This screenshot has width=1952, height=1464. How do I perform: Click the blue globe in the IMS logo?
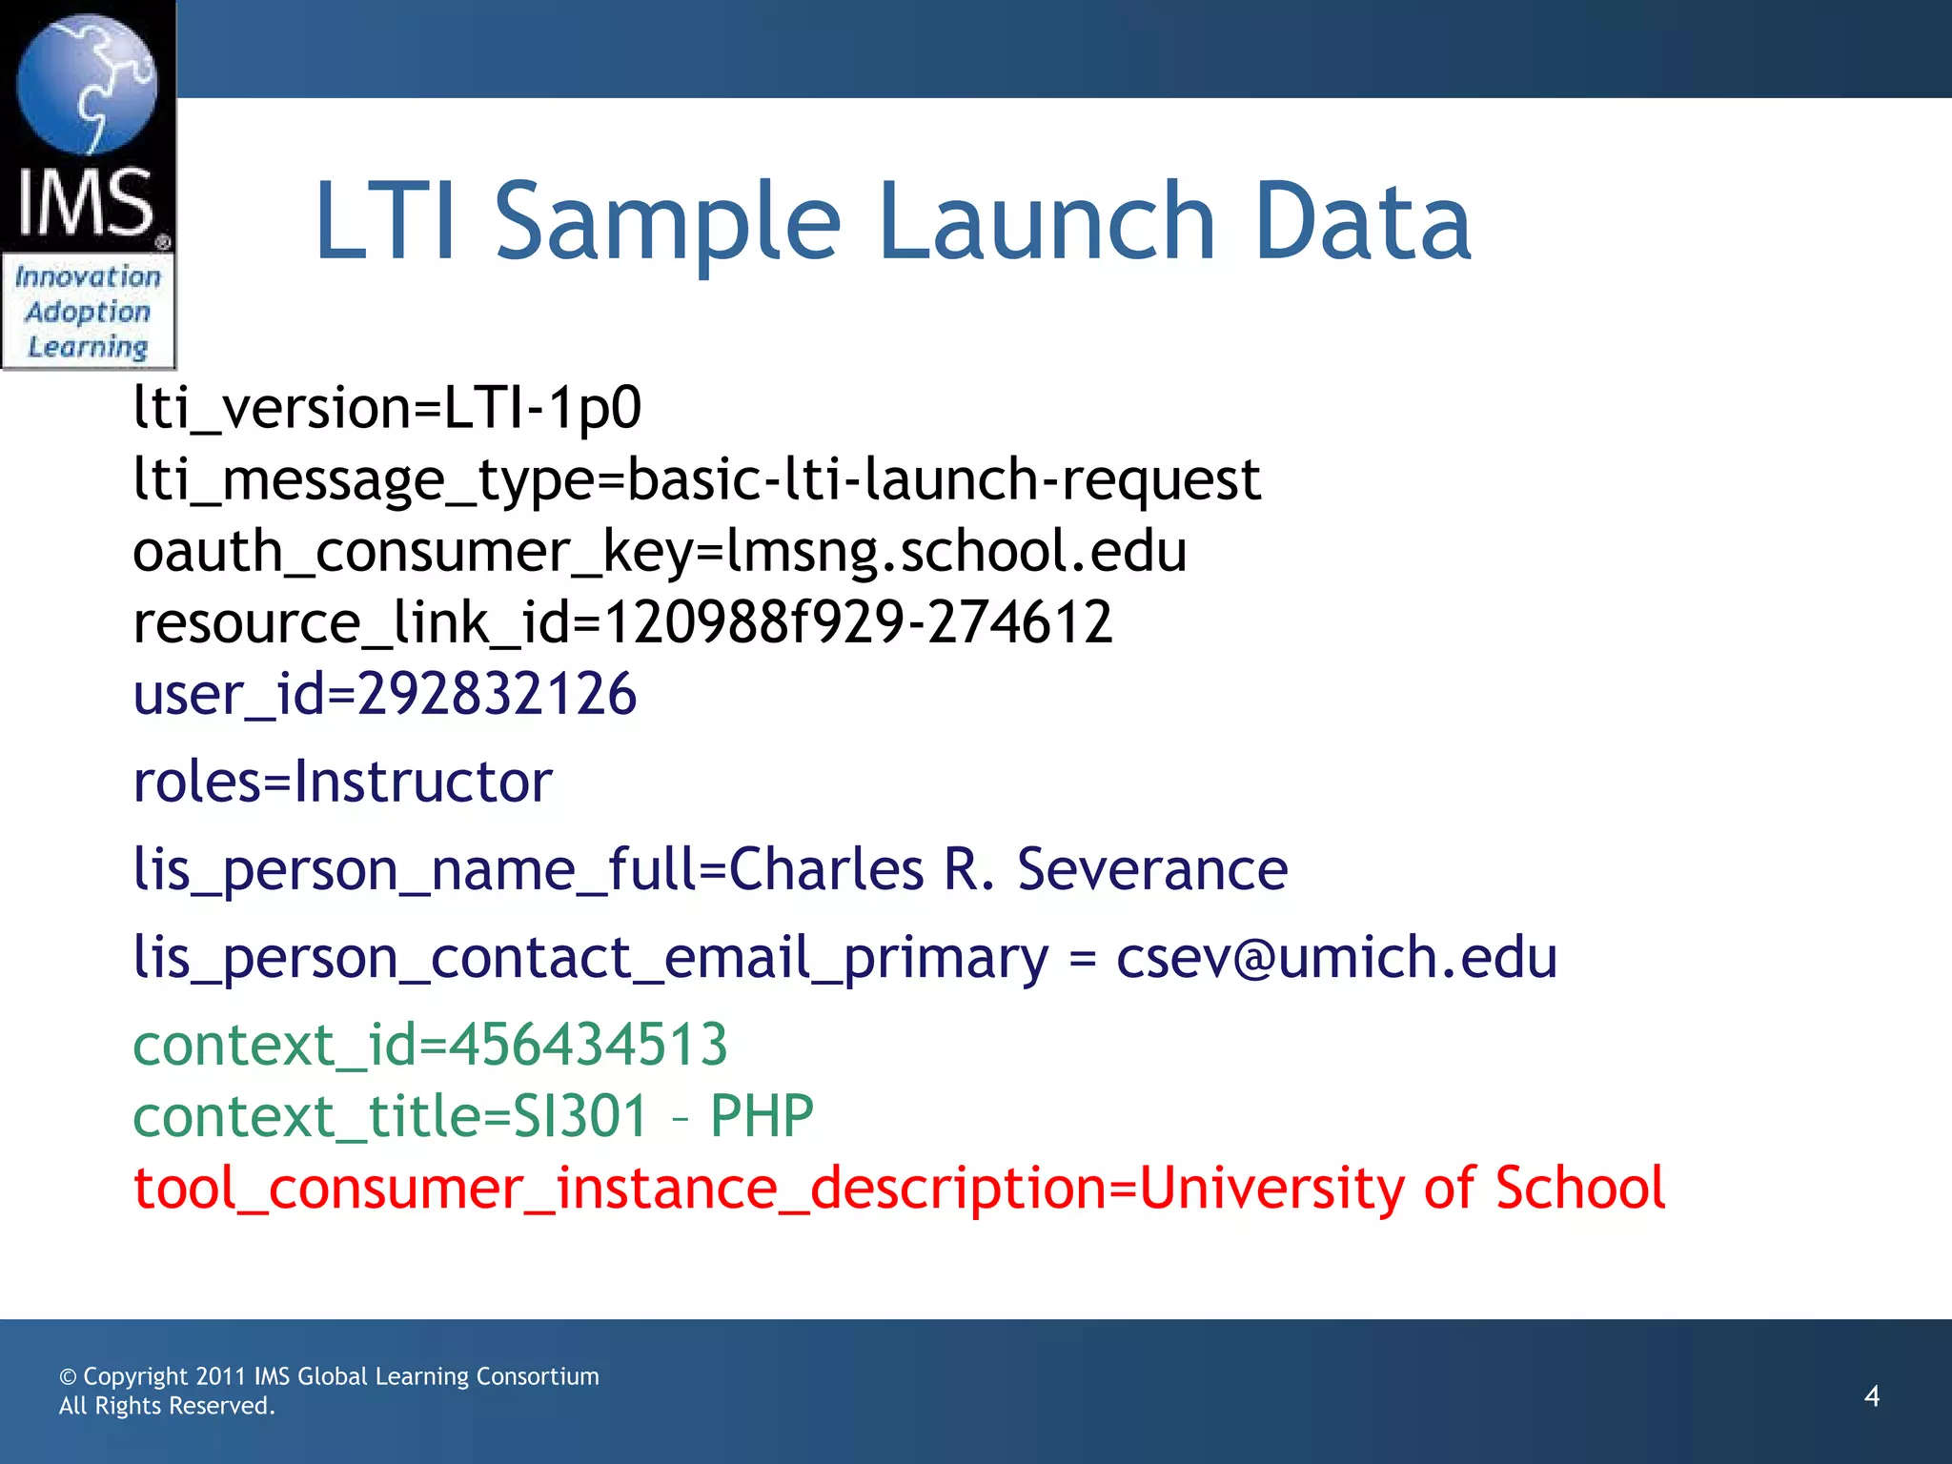pyautogui.click(x=87, y=84)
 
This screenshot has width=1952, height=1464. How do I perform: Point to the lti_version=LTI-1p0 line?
pyautogui.click(x=387, y=408)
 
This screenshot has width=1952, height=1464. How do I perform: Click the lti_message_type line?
pyautogui.click(x=697, y=479)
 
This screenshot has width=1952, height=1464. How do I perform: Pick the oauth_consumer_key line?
pyautogui.click(x=660, y=552)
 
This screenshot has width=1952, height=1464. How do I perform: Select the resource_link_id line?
pyautogui.click(x=622, y=623)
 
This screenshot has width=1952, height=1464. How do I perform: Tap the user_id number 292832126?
pyautogui.click(x=497, y=694)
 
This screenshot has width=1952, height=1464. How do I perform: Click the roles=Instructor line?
pyautogui.click(x=342, y=783)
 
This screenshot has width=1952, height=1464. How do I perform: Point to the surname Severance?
pyautogui.click(x=1152, y=869)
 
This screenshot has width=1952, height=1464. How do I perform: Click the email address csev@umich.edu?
pyautogui.click(x=1336, y=957)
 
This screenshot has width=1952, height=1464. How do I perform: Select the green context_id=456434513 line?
pyautogui.click(x=430, y=1045)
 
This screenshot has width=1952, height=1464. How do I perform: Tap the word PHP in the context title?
pyautogui.click(x=762, y=1116)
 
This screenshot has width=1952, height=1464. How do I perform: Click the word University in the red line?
pyautogui.click(x=1271, y=1189)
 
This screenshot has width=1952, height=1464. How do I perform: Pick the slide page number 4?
pyautogui.click(x=1871, y=1396)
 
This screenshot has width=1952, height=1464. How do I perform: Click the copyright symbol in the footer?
pyautogui.click(x=68, y=1377)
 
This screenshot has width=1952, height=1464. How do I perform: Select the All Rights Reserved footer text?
pyautogui.click(x=167, y=1407)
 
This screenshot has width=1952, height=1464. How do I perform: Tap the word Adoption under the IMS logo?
pyautogui.click(x=88, y=312)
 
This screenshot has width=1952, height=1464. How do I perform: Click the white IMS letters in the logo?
pyautogui.click(x=86, y=202)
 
